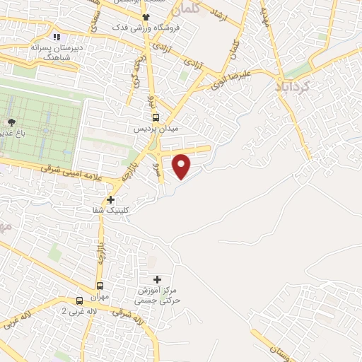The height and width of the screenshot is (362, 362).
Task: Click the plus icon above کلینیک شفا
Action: [x=111, y=199]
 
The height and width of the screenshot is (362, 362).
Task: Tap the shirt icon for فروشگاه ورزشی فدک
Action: [x=146, y=17]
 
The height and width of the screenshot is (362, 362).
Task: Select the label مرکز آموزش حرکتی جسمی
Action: [x=160, y=296]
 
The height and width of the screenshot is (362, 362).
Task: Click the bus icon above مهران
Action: [x=100, y=286]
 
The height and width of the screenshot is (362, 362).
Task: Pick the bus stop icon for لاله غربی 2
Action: [x=79, y=300]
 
